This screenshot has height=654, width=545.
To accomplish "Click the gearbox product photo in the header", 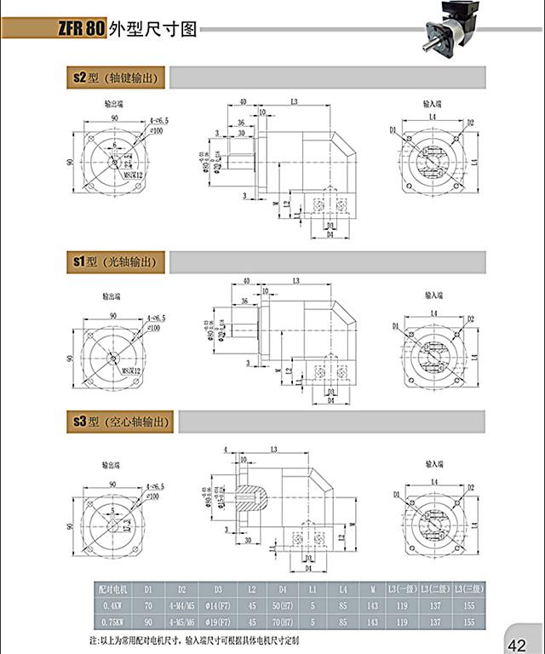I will click(450, 25).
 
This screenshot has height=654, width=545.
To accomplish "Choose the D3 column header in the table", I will click(218, 588).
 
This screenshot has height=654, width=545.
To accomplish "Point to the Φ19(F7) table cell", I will click(218, 619).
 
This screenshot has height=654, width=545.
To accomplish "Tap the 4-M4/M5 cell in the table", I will click(181, 604).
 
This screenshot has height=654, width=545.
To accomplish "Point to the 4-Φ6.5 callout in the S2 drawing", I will click(157, 122).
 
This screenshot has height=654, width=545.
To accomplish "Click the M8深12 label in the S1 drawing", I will click(129, 370).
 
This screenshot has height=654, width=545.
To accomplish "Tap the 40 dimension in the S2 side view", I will click(244, 102).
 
